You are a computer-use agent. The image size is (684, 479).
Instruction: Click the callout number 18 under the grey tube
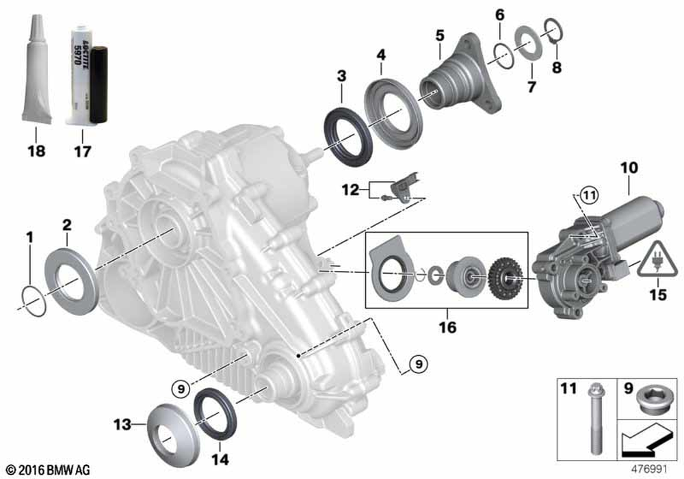[x=36, y=151]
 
